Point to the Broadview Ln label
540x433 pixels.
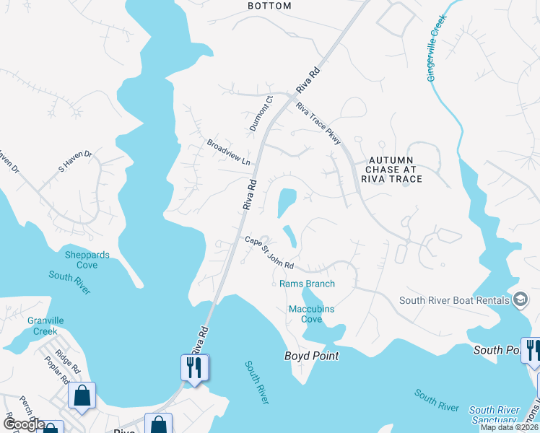[x=228, y=151]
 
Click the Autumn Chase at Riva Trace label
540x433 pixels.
[x=394, y=169]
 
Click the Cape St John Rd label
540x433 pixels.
[x=269, y=253]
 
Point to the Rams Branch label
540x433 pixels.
[x=307, y=284]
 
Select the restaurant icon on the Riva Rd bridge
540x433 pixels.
[x=195, y=367]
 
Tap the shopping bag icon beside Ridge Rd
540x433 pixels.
[x=82, y=395]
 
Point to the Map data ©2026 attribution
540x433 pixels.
[x=508, y=427]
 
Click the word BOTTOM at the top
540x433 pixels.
[x=269, y=6]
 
